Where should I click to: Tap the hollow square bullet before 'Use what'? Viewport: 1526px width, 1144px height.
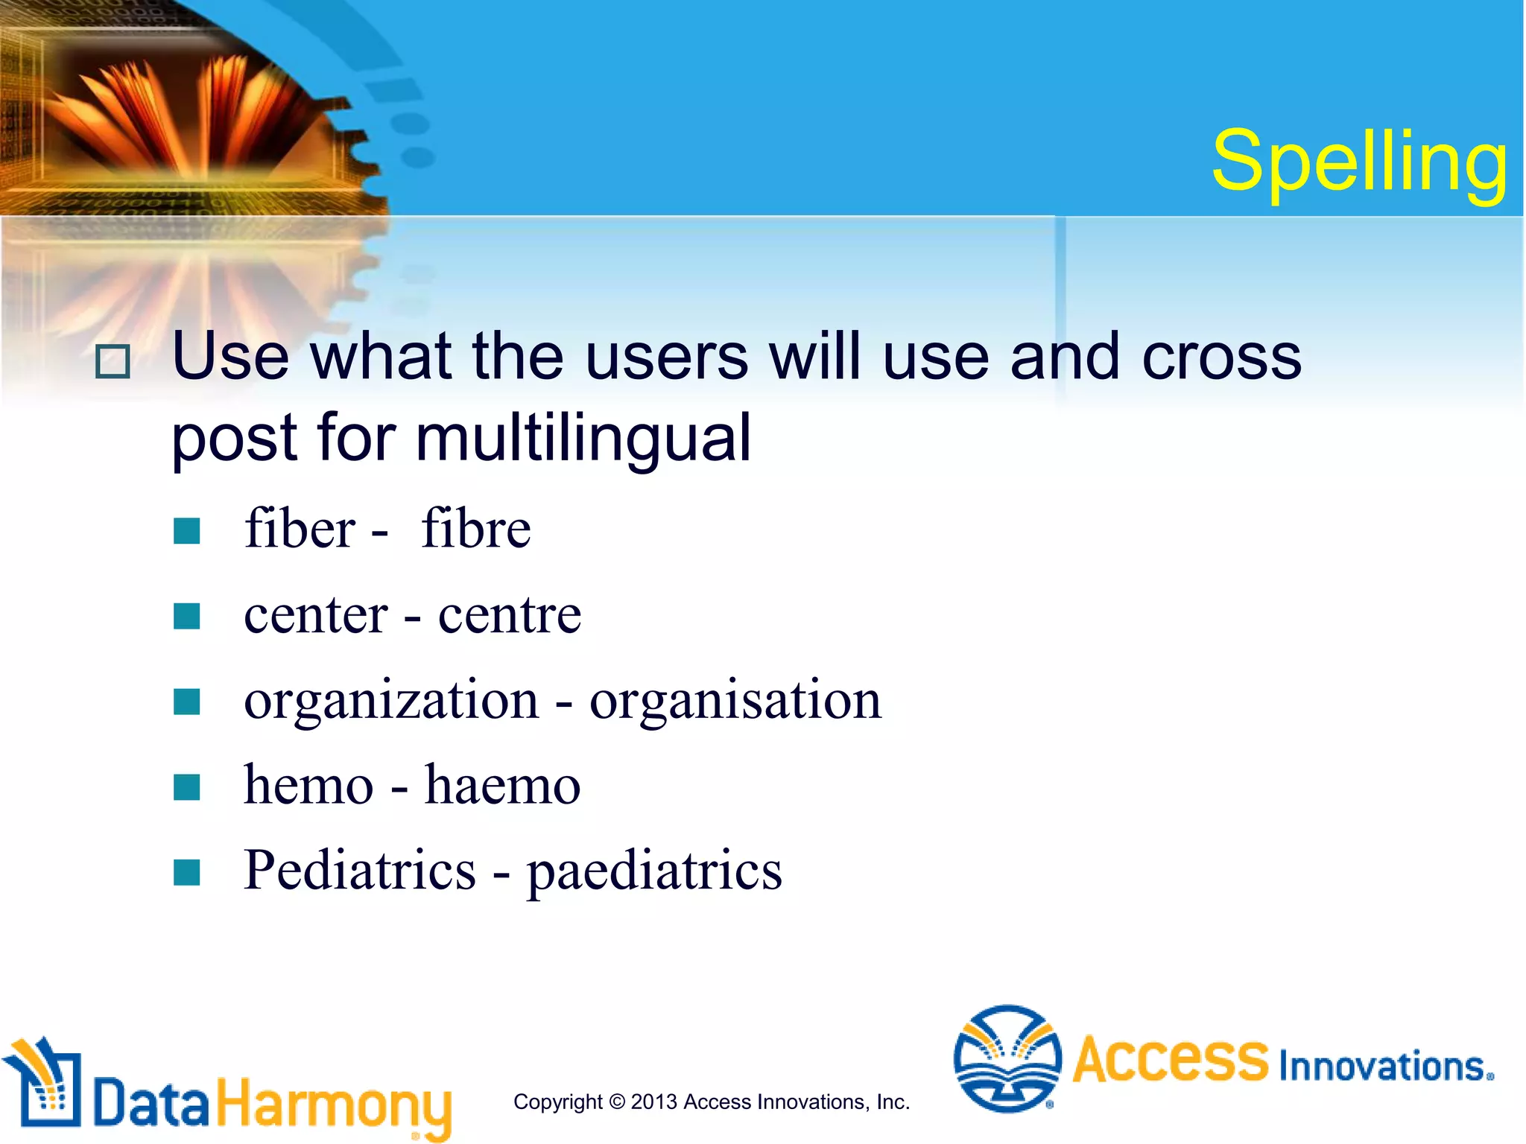click(113, 362)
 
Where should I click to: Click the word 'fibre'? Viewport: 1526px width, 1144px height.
click(475, 528)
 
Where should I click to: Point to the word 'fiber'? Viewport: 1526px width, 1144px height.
click(300, 528)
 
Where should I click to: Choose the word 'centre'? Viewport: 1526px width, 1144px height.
click(509, 616)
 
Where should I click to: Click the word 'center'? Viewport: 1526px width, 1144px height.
click(315, 616)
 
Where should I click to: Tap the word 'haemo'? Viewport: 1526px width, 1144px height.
click(502, 786)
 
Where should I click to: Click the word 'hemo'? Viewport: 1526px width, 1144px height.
click(308, 786)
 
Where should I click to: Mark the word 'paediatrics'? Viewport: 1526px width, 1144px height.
click(654, 871)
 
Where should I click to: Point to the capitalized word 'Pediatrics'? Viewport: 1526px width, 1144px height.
click(359, 870)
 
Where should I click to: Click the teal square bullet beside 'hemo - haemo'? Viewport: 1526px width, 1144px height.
click(186, 787)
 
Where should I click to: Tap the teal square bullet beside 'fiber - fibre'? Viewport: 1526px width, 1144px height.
click(186, 531)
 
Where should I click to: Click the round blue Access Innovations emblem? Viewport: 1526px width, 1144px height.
click(1007, 1058)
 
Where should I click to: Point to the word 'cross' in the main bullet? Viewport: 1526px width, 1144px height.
click(1222, 357)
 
